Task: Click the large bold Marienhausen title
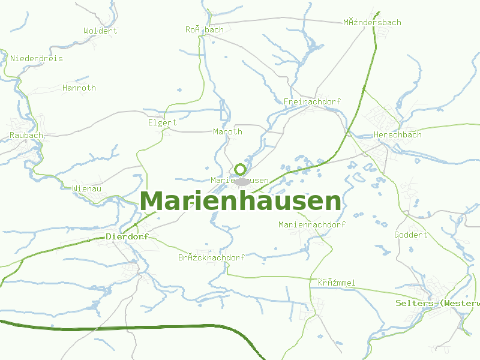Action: [241, 202]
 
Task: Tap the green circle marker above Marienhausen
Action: [241, 169]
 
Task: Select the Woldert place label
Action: [100, 31]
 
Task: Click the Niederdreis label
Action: [37, 59]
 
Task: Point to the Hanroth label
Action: [79, 88]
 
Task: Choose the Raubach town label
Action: [26, 136]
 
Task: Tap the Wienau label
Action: [86, 188]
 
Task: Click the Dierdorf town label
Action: [127, 237]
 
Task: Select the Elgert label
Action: [162, 123]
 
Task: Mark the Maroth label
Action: [227, 132]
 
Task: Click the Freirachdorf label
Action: [312, 102]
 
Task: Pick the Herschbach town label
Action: [397, 135]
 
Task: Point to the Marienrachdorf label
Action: [312, 225]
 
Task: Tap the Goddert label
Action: [410, 235]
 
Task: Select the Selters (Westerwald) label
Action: [437, 304]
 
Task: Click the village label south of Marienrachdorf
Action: [337, 283]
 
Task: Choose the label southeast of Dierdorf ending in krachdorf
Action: [211, 257]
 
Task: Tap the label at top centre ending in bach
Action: [204, 29]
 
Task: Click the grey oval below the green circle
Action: [242, 181]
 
